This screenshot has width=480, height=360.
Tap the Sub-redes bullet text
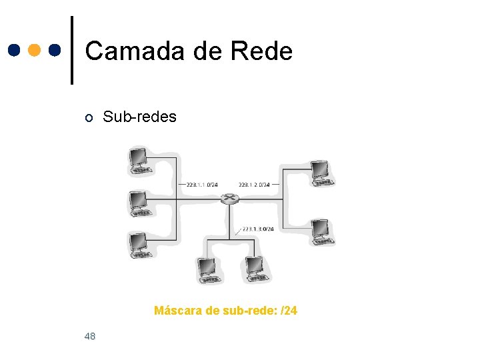139,117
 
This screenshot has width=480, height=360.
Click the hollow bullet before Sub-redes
89,119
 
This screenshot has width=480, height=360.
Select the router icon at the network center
230,199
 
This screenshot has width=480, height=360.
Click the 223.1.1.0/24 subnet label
202,185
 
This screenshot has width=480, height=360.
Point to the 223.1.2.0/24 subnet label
254,185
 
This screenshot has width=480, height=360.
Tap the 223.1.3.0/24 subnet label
258,229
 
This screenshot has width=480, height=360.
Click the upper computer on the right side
321,172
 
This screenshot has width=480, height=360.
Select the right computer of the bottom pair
256,269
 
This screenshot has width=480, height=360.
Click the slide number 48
90,336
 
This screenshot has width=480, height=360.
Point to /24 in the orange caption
289,311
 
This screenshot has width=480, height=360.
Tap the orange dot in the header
35,50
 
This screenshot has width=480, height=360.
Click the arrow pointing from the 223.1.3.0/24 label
239,233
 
